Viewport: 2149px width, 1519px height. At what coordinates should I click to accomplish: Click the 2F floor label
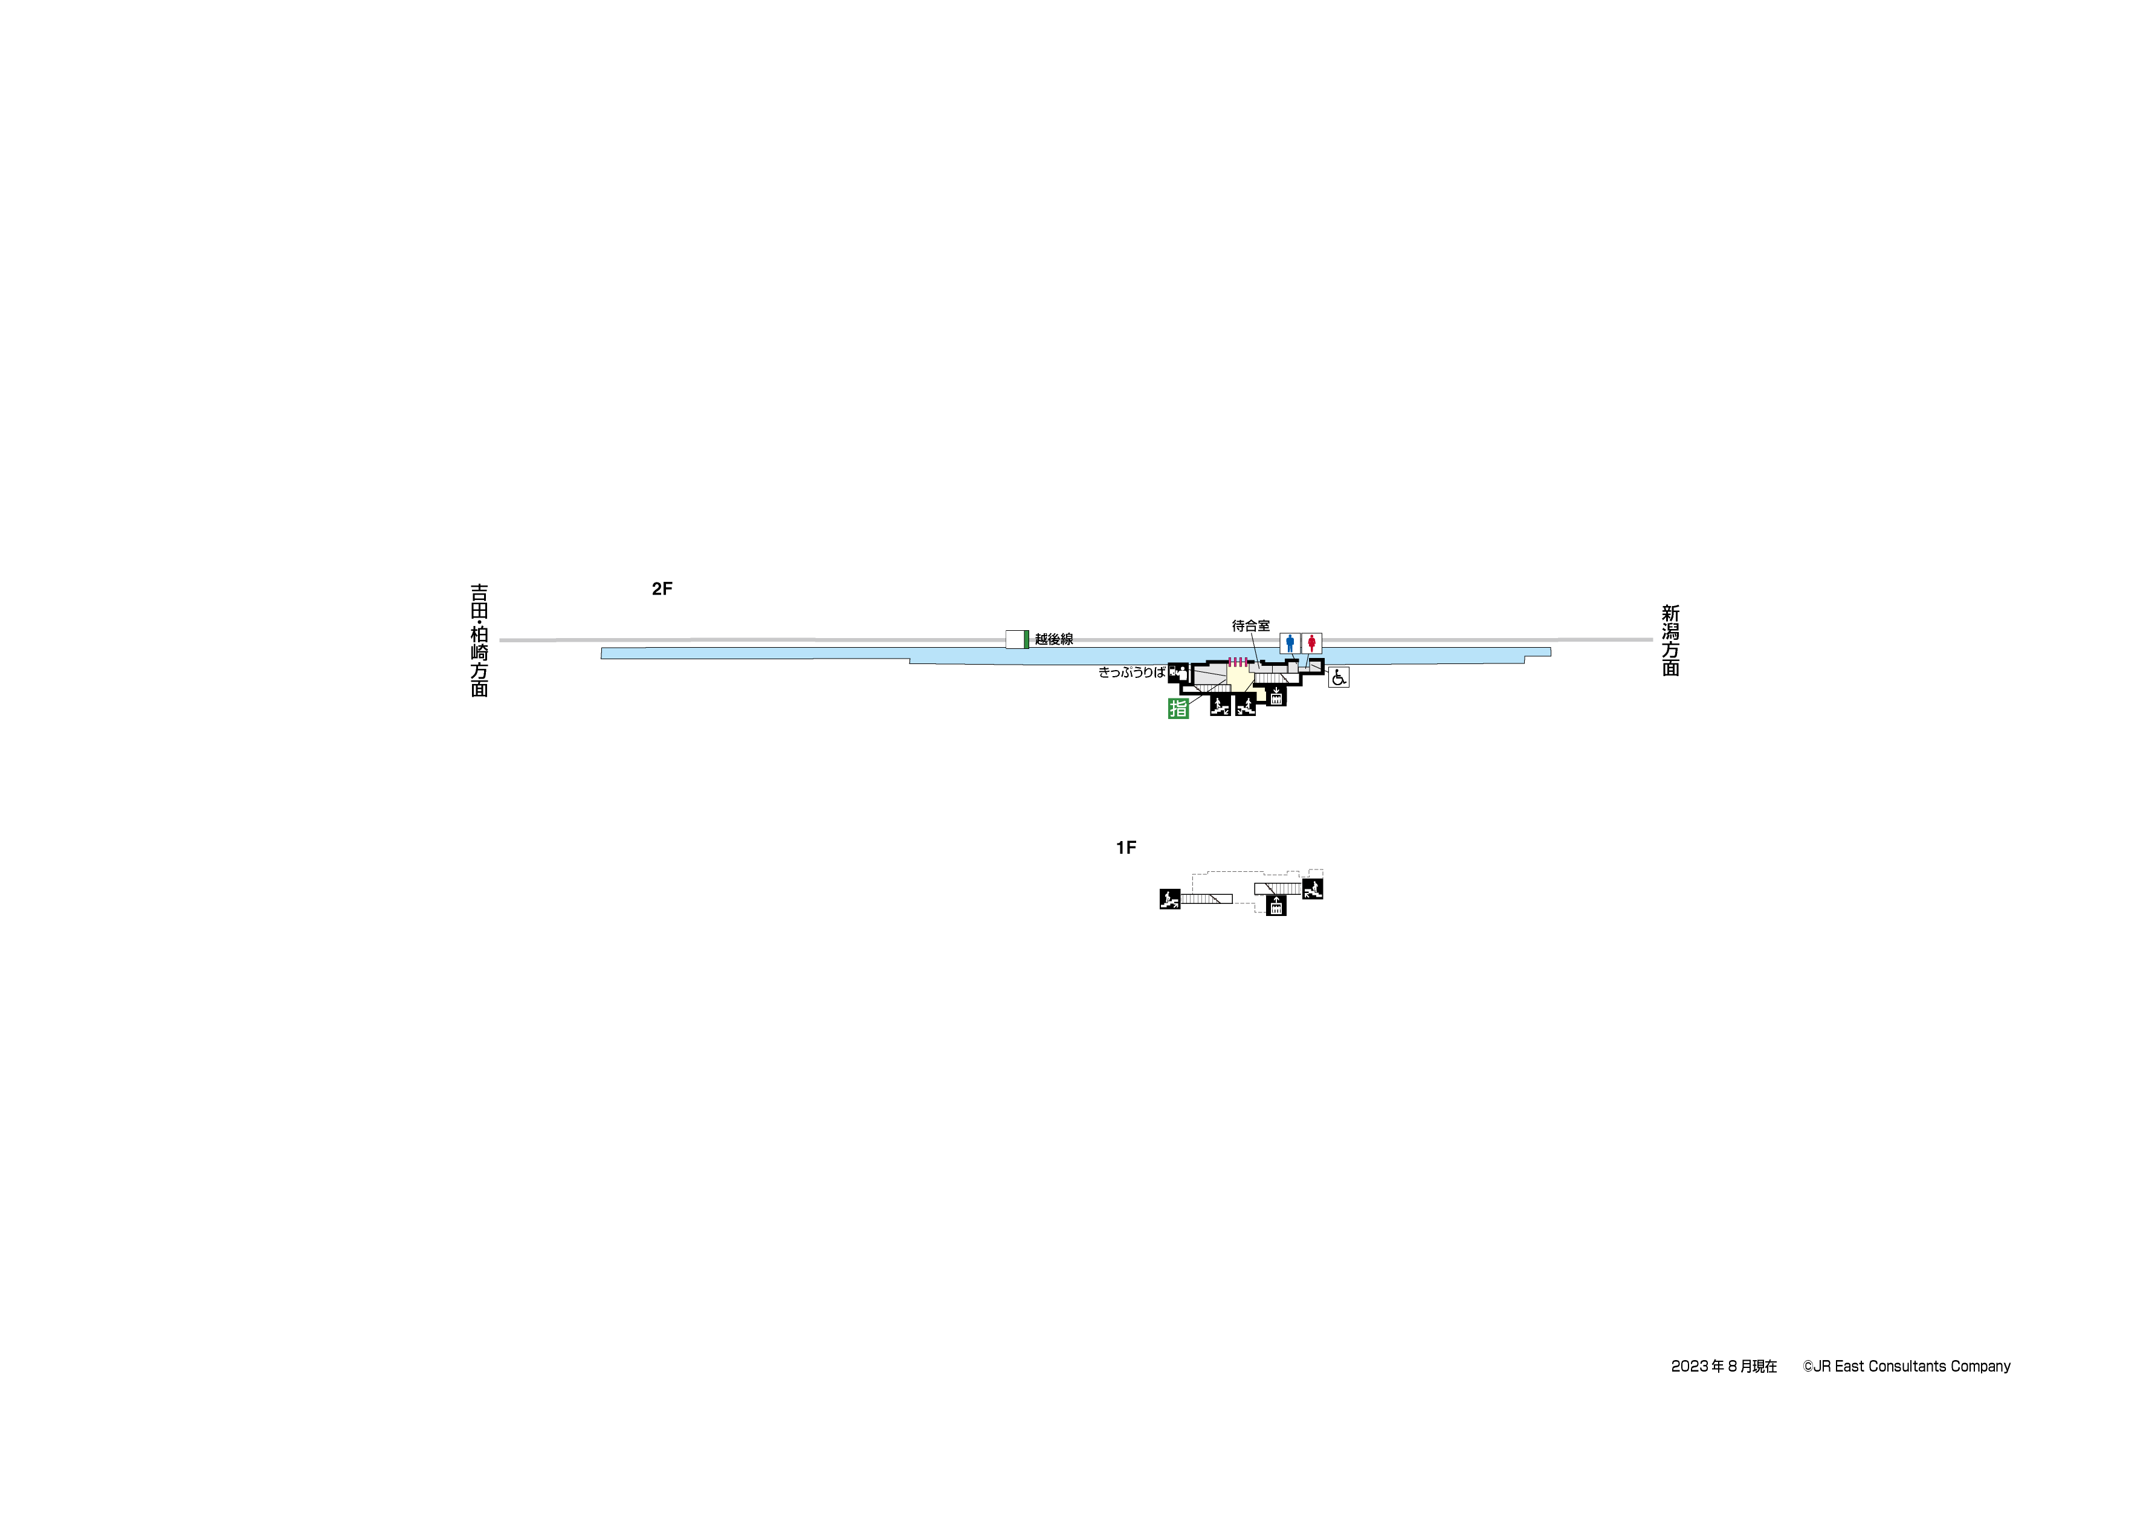point(662,589)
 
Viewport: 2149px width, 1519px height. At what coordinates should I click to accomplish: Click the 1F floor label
point(1126,848)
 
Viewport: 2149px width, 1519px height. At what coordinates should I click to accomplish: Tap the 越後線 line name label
point(1054,639)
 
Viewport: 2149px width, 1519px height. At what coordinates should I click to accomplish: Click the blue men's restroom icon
point(1290,643)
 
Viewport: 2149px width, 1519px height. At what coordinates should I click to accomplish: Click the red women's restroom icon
point(1312,643)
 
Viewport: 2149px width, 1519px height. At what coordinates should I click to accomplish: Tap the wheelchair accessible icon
point(1339,677)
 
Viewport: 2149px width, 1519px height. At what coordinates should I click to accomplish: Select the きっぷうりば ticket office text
point(1131,672)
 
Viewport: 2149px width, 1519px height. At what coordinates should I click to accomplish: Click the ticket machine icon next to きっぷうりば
point(1178,672)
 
